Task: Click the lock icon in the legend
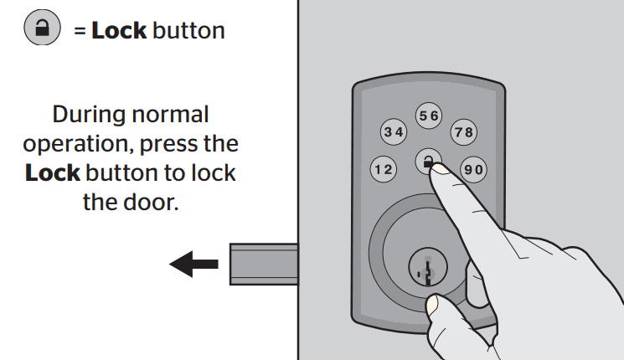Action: click(39, 29)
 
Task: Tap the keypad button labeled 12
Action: click(384, 170)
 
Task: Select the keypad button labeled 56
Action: click(429, 117)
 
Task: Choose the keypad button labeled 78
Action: click(463, 132)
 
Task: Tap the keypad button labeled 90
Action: click(474, 170)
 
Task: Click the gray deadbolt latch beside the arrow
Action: click(264, 265)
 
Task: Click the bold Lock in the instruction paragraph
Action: click(53, 174)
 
